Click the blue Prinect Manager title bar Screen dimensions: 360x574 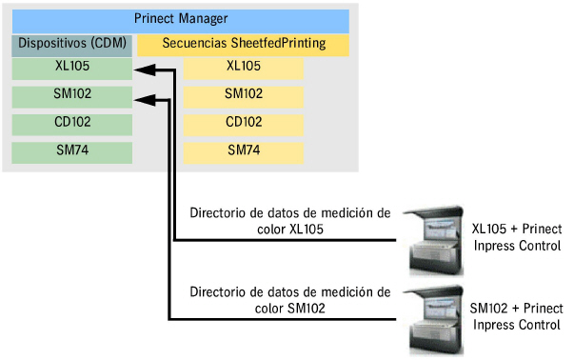(181, 19)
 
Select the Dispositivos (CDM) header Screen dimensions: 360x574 (72, 43)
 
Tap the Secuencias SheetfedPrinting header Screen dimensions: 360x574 (244, 43)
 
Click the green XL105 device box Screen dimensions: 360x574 (72, 68)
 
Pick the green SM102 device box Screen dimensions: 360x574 (72, 95)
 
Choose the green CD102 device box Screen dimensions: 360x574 (72, 124)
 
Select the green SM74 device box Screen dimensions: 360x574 (72, 151)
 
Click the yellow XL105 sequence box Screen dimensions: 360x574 (244, 68)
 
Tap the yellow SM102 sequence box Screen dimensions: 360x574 (244, 95)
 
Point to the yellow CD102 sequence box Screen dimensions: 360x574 (244, 124)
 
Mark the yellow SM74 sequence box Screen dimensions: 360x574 (244, 151)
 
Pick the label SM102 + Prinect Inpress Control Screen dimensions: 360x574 (517, 317)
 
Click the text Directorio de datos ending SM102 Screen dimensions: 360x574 (289, 299)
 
